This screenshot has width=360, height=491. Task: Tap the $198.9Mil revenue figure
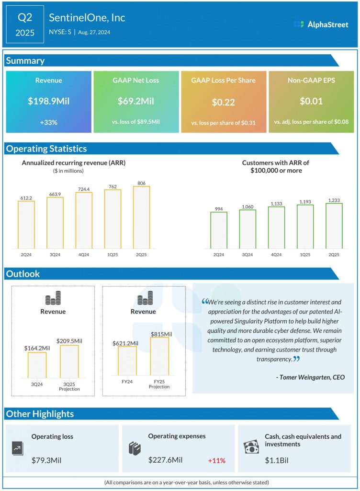48,101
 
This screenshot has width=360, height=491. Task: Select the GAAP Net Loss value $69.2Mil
135,101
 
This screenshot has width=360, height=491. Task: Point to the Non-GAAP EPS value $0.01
311,101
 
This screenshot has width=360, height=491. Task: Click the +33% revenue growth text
48,122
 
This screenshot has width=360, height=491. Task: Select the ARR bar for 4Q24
84,220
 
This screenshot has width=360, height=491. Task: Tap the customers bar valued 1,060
247,229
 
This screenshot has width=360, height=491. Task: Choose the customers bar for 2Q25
334,226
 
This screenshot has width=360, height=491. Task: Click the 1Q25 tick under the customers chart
305,255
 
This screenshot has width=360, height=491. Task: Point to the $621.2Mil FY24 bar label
125,343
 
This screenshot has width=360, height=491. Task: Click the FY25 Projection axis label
159,384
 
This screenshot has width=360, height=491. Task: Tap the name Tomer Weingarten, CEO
310,377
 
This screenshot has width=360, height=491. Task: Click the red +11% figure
216,461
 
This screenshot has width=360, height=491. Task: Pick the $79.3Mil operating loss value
46,460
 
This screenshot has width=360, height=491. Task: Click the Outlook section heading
22,274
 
